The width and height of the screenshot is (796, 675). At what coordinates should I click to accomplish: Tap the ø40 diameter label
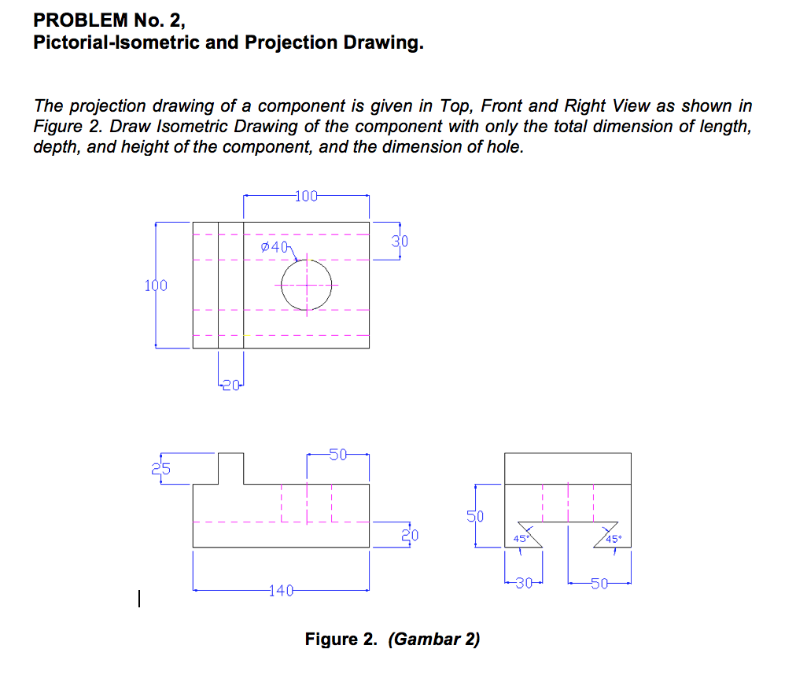(x=275, y=247)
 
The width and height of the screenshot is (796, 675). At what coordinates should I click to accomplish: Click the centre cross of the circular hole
(x=307, y=285)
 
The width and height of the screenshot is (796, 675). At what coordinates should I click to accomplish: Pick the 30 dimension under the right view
(x=525, y=583)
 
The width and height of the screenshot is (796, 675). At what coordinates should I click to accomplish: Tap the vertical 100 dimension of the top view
(x=155, y=285)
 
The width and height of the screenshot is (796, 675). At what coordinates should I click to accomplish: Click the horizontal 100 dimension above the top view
(x=306, y=196)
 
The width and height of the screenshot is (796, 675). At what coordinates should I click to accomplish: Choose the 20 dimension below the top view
(x=230, y=385)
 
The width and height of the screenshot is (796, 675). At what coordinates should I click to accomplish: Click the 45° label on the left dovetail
(x=521, y=539)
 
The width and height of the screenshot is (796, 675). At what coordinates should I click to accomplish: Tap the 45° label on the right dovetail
(x=614, y=539)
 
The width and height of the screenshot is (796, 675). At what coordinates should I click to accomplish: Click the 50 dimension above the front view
(x=337, y=454)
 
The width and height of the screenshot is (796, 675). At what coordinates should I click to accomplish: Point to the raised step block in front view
(x=230, y=468)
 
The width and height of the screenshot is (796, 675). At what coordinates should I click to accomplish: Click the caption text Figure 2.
(x=342, y=639)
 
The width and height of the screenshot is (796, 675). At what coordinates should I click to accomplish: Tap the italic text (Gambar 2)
(x=433, y=639)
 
